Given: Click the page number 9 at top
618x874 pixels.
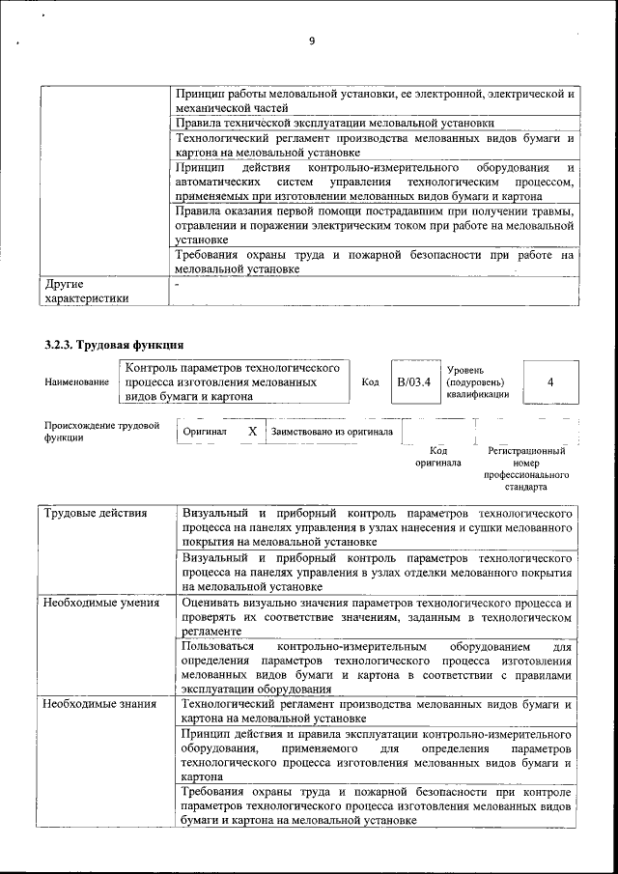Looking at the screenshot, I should pyautogui.click(x=312, y=41).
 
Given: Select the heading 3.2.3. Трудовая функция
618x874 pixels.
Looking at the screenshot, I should pyautogui.click(x=114, y=345).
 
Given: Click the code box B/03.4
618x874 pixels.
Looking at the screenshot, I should pyautogui.click(x=413, y=381).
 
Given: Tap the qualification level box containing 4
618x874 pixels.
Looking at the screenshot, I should pyautogui.click(x=549, y=381).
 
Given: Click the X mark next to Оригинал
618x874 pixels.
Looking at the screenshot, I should pyautogui.click(x=252, y=432).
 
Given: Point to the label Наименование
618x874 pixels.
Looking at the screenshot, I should pyautogui.click(x=76, y=382).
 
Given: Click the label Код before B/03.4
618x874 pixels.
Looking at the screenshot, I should pyautogui.click(x=369, y=382).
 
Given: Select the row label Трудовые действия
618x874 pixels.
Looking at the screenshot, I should pyautogui.click(x=96, y=513).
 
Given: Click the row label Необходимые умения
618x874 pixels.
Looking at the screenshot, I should pyautogui.click(x=100, y=603).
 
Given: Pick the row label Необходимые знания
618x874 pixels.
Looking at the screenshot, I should pyautogui.click(x=98, y=704).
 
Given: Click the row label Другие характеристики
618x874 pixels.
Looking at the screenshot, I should pyautogui.click(x=86, y=292).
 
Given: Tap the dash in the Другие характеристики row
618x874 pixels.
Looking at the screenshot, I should pyautogui.click(x=177, y=286).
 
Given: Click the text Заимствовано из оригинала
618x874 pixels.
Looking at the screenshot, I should pyautogui.click(x=331, y=432).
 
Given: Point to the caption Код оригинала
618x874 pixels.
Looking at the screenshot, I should pyautogui.click(x=437, y=457).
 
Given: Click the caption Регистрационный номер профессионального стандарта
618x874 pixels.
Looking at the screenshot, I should pyautogui.click(x=526, y=469).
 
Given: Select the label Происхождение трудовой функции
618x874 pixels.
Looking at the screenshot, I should pyautogui.click(x=101, y=432).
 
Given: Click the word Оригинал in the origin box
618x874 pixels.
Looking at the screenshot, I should pyautogui.click(x=205, y=432).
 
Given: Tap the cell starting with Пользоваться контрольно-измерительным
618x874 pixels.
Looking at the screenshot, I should pyautogui.click(x=377, y=666).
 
